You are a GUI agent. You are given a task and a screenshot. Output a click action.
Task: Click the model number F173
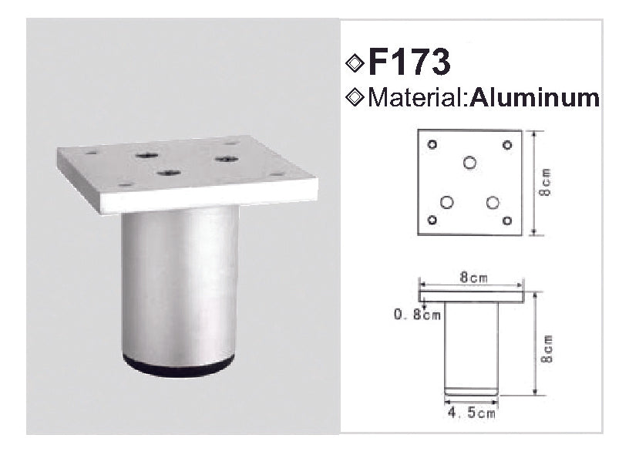pyautogui.click(x=409, y=63)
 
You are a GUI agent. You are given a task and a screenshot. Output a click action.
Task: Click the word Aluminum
pyautogui.click(x=535, y=98)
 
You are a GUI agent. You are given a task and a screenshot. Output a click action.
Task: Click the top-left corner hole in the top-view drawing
pyautogui.click(x=432, y=144)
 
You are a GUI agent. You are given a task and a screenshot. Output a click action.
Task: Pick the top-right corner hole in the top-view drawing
pyautogui.click(x=507, y=144)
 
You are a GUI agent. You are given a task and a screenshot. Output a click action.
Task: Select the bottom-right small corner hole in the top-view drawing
pyautogui.click(x=507, y=221)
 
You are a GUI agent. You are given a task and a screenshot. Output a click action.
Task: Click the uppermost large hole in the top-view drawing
pyautogui.click(x=469, y=163)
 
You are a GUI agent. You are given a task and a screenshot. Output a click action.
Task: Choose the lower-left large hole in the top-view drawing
pyautogui.click(x=446, y=202)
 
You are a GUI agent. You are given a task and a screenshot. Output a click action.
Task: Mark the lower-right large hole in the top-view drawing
pyautogui.click(x=493, y=202)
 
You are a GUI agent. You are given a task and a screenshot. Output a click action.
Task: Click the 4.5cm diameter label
pyautogui.click(x=471, y=413)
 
